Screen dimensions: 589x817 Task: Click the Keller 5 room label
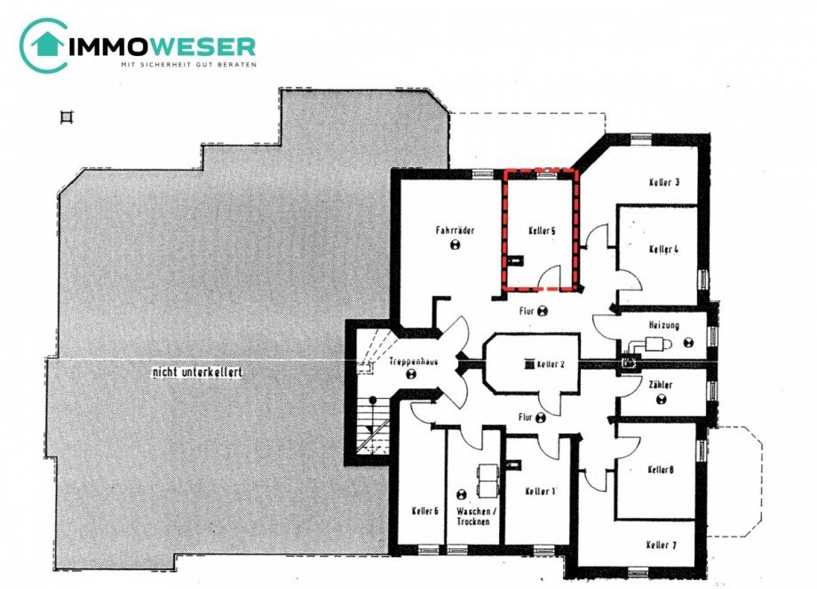(x=541, y=231)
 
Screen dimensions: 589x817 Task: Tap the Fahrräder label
(x=455, y=230)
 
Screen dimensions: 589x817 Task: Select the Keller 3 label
(x=664, y=183)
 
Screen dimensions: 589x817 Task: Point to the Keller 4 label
(x=663, y=250)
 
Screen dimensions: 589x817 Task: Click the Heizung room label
(x=663, y=325)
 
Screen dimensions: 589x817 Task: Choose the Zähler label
(x=661, y=385)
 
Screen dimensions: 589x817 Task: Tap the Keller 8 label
(x=661, y=469)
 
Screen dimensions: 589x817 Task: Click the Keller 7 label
(x=662, y=545)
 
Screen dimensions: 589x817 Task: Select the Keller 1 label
(x=540, y=491)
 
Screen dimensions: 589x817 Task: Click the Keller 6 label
(x=425, y=511)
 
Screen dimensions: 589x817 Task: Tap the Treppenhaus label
(x=409, y=362)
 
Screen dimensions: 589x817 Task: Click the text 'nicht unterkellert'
(x=196, y=373)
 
